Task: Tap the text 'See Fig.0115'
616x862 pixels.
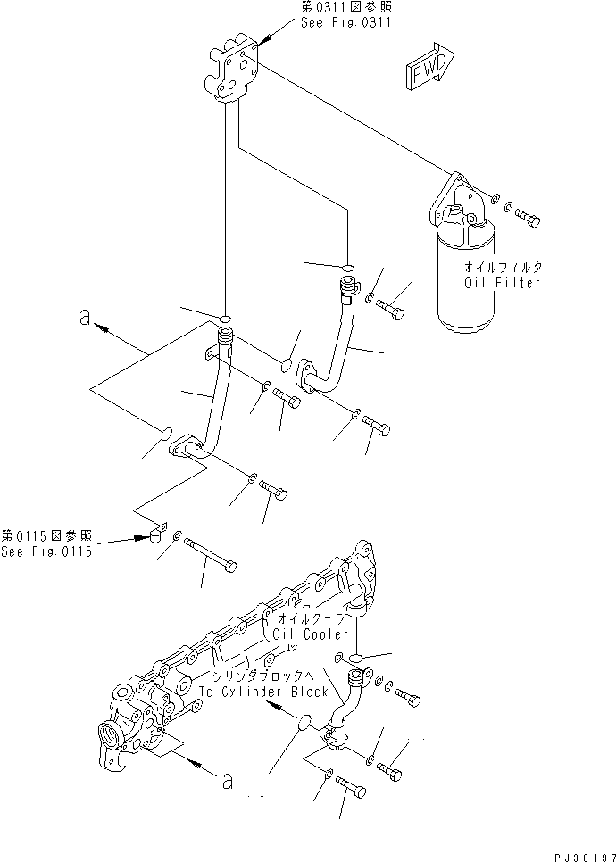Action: (x=46, y=551)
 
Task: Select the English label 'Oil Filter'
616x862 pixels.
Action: (x=502, y=283)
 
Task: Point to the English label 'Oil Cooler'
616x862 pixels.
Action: (x=312, y=634)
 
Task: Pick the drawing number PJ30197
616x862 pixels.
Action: (x=579, y=854)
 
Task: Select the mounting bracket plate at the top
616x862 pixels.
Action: (x=233, y=71)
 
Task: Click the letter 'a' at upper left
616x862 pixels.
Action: (x=84, y=319)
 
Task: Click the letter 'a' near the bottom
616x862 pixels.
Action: (x=229, y=782)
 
